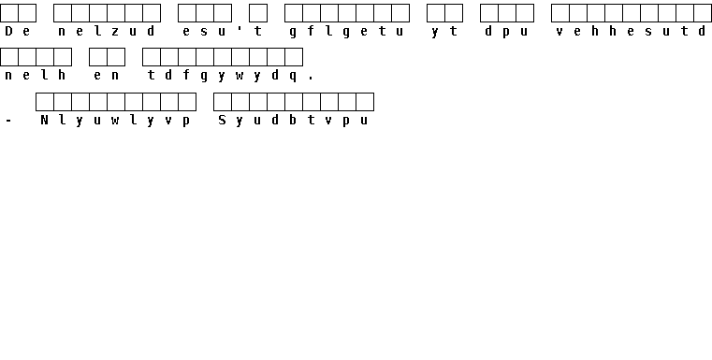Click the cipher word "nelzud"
[107, 31]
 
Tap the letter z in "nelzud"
[115, 32]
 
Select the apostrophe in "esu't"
[240, 29]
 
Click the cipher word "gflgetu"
[346, 32]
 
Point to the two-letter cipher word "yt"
[444, 32]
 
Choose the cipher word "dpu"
[507, 32]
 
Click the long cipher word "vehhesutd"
[632, 31]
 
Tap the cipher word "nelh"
[36, 76]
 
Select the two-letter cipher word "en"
[107, 76]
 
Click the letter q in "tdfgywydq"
[294, 77]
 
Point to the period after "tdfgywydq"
[311, 79]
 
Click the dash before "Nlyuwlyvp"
[8, 121]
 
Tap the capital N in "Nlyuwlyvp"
[45, 121]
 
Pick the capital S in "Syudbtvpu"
[222, 121]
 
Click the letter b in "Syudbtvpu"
[294, 121]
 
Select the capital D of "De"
[9, 31]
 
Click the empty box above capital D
[9, 13]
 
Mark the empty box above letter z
[116, 13]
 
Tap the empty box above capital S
[223, 102]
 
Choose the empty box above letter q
[294, 57]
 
